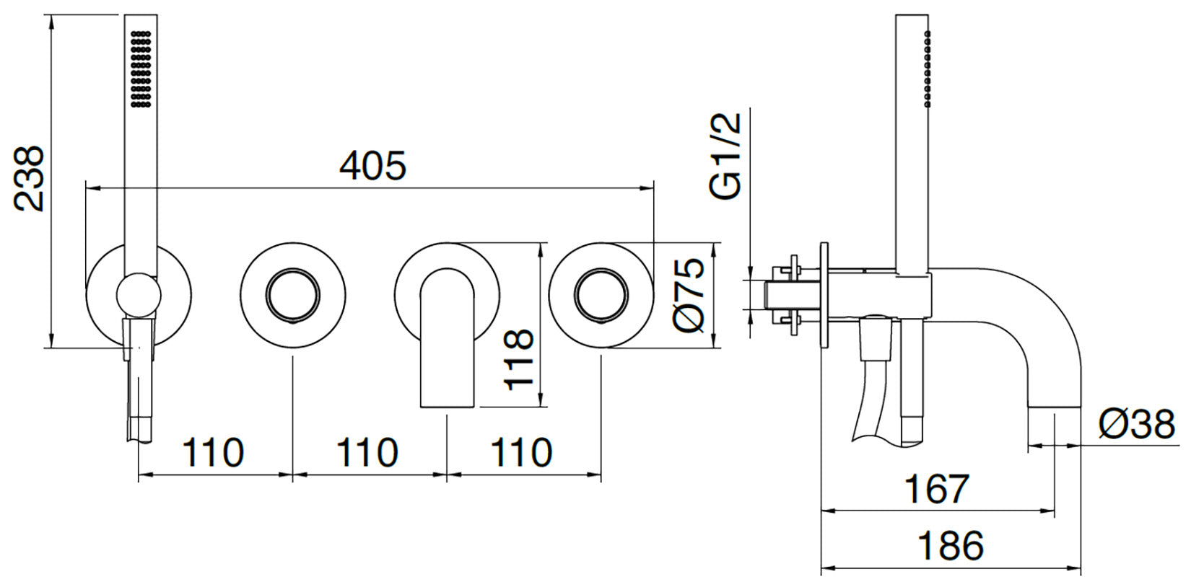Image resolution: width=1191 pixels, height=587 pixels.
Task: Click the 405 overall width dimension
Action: [x=372, y=165]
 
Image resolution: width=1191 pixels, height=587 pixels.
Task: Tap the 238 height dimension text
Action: [x=30, y=179]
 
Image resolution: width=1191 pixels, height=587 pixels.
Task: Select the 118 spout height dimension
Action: [x=518, y=360]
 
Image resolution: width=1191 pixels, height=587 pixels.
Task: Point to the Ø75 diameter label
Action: [x=689, y=295]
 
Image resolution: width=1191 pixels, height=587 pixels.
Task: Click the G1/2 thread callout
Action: [x=725, y=156]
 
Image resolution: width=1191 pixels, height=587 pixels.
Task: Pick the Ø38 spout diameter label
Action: [x=1137, y=424]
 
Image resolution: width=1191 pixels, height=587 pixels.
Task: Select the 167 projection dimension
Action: [x=937, y=489]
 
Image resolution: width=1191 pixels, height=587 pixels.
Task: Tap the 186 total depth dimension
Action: [x=951, y=546]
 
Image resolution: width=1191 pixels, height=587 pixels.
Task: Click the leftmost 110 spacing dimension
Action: [x=213, y=453]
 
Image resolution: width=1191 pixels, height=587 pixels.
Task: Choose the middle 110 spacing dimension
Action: [x=367, y=453]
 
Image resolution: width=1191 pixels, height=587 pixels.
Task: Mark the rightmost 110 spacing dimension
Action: [x=521, y=453]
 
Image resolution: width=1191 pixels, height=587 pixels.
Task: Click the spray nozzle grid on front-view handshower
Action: [x=141, y=69]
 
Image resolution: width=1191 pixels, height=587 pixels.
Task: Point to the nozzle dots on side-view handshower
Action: [x=928, y=69]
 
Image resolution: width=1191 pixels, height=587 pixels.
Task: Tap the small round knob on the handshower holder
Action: [x=139, y=296]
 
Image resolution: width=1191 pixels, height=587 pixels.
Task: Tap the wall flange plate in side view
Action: [x=824, y=295]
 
